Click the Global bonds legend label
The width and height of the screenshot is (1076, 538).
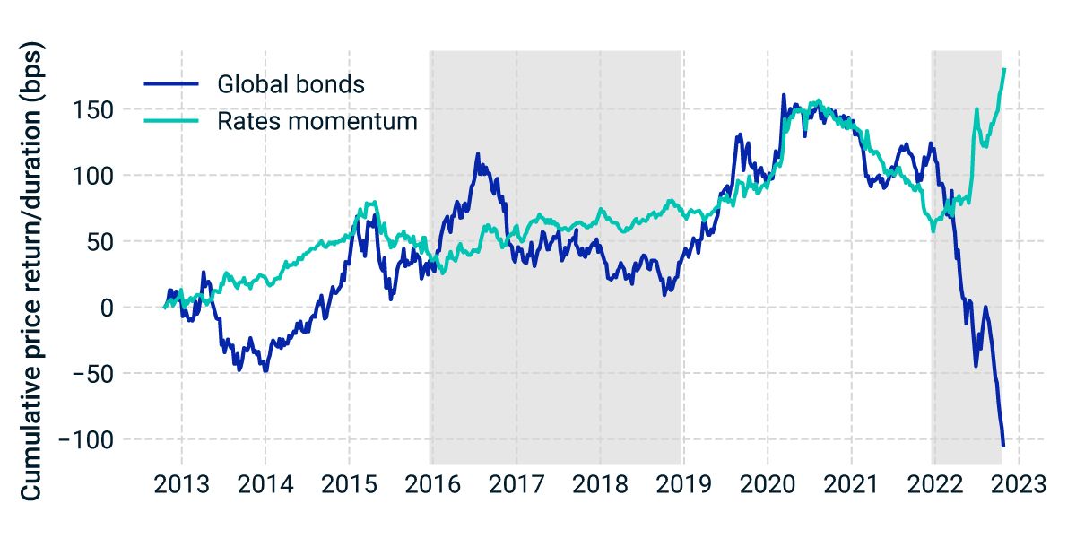[291, 84]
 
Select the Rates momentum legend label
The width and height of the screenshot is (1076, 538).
[317, 121]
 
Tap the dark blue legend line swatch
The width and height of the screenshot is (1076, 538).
[171, 84]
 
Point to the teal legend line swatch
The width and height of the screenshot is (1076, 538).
[171, 121]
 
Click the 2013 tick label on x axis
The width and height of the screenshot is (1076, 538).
[181, 486]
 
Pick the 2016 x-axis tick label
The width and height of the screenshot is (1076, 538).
[432, 486]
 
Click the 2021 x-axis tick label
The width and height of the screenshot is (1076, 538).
[850, 486]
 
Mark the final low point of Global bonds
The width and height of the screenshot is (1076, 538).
[1003, 446]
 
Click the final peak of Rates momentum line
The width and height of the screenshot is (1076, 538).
[1004, 69]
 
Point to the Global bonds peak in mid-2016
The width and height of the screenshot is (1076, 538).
[478, 154]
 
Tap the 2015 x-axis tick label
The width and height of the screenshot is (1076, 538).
[349, 486]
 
